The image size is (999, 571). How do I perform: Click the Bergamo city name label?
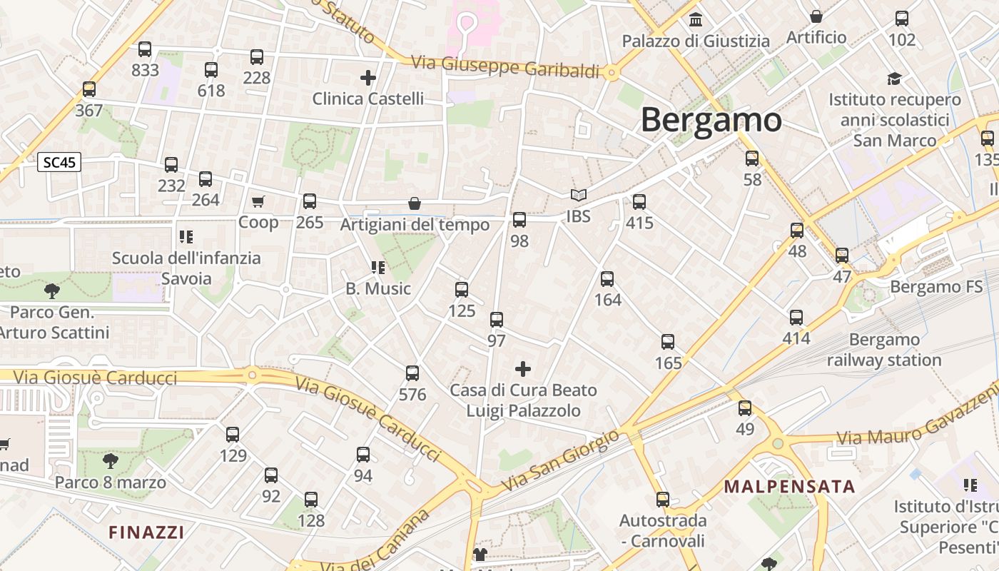[x=711, y=120]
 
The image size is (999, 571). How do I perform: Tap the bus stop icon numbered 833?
[x=145, y=49]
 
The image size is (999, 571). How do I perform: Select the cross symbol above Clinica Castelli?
[x=368, y=77]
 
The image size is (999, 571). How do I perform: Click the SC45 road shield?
[x=59, y=163]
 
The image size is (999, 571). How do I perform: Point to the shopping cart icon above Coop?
[x=258, y=202]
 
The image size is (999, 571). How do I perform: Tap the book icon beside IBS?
[x=578, y=195]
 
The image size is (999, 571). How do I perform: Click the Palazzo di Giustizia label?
[x=696, y=41]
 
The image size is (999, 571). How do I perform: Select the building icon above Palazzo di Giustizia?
[x=696, y=19]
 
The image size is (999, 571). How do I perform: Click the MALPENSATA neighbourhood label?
[x=789, y=487]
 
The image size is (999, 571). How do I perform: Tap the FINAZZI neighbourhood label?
[x=146, y=532]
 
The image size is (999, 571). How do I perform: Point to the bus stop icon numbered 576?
[x=412, y=373]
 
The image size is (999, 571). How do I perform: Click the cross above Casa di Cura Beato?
[x=523, y=369]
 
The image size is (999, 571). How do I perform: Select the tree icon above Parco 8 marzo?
[x=110, y=460]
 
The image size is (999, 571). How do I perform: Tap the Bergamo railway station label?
[x=884, y=350]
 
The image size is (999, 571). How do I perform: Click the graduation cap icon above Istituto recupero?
[x=894, y=79]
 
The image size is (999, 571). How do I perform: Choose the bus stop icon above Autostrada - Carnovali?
[x=663, y=500]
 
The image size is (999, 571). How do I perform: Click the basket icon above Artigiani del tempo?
[x=415, y=203]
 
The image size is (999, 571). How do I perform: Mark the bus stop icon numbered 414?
[x=796, y=318]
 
